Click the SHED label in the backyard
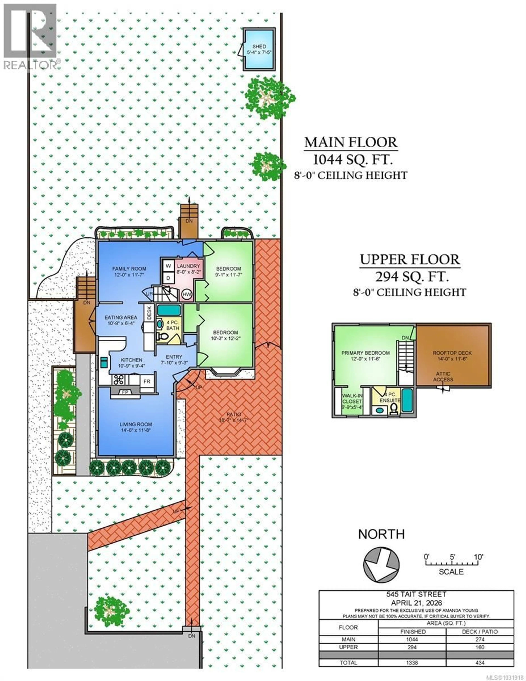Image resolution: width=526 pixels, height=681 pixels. coord(259,46)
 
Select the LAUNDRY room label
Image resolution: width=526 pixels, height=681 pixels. coord(188,266)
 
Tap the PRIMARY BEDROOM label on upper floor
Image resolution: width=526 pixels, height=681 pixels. coord(365,353)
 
